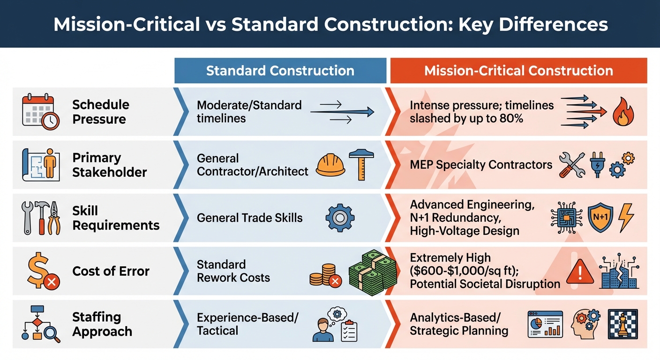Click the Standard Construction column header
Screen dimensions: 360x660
point(280,71)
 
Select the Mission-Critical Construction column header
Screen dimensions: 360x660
point(518,71)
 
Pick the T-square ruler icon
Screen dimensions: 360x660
point(361,165)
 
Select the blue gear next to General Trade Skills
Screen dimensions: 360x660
point(340,218)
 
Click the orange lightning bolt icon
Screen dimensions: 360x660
point(626,218)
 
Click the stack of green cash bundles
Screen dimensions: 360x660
point(373,272)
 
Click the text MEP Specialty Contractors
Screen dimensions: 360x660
point(481,165)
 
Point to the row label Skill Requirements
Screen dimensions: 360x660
point(115,218)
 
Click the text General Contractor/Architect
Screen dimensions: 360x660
point(252,165)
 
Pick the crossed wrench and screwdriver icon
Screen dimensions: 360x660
point(571,165)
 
